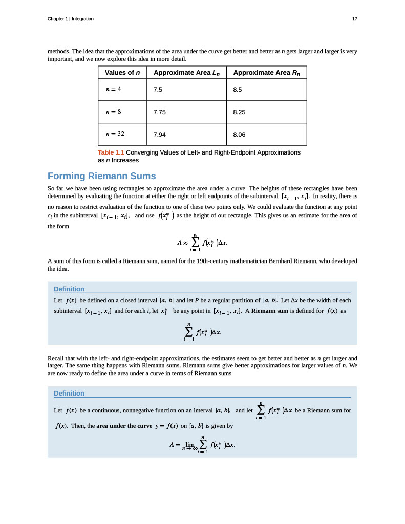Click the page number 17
pyautogui.click(x=354, y=19)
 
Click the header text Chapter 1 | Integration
pyautogui.click(x=70, y=19)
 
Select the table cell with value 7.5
pyautogui.click(x=158, y=90)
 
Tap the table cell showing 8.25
pyautogui.click(x=239, y=112)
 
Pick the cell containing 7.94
pyautogui.click(x=159, y=135)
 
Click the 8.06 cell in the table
pyautogui.click(x=239, y=135)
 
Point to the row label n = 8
pyautogui.click(x=113, y=111)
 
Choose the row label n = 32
pyautogui.click(x=115, y=134)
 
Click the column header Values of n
pyautogui.click(x=122, y=73)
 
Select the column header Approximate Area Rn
pyautogui.click(x=266, y=73)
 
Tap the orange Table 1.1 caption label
pyautogui.click(x=111, y=152)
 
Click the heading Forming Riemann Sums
pyautogui.click(x=101, y=176)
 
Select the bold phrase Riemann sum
pyautogui.click(x=272, y=311)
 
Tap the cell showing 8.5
pyautogui.click(x=237, y=90)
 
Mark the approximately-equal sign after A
pyautogui.click(x=186, y=243)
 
